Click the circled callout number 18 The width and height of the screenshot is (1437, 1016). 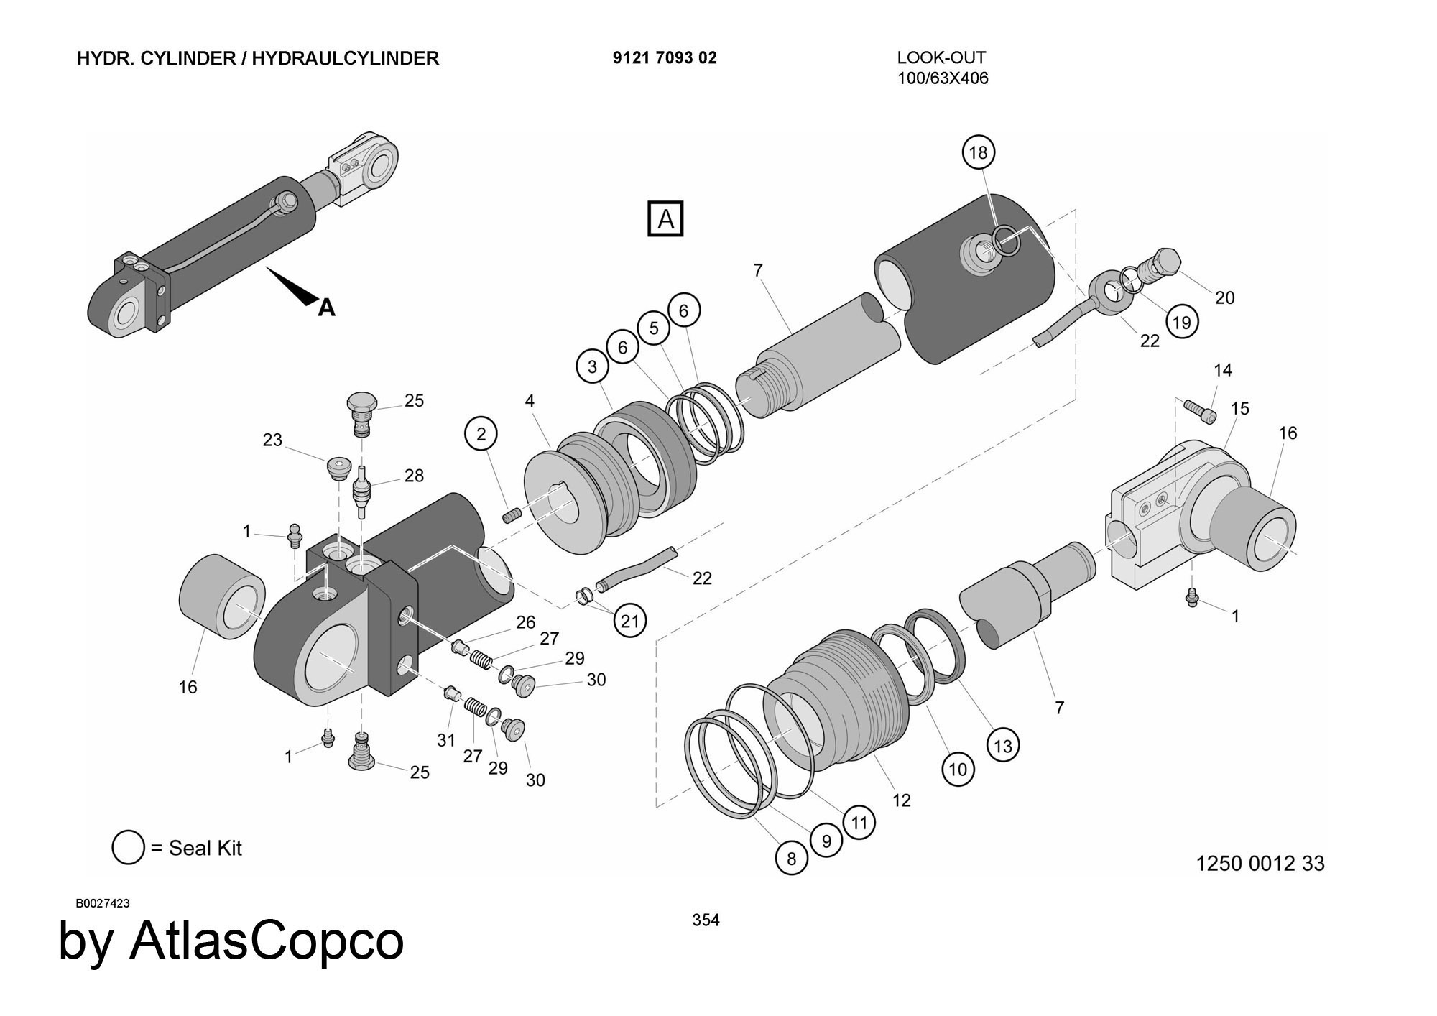click(x=978, y=152)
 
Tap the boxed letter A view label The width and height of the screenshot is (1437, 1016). click(x=665, y=218)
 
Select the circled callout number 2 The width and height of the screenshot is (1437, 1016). click(x=481, y=434)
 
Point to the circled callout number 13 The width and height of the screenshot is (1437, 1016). click(x=1002, y=746)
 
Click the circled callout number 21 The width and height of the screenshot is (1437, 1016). click(x=629, y=621)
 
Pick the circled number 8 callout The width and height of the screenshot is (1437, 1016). click(x=791, y=859)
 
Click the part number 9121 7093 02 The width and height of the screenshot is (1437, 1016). click(x=665, y=58)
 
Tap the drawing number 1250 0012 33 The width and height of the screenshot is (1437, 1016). click(x=1260, y=863)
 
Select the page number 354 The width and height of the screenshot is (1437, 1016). click(x=706, y=920)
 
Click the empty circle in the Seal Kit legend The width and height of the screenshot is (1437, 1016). click(x=128, y=848)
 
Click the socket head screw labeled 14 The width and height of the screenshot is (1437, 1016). click(x=1201, y=412)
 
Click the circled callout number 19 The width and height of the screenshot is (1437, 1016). click(x=1181, y=322)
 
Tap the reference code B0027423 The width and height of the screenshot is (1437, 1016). click(x=103, y=903)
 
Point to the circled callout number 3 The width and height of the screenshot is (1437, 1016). click(x=592, y=367)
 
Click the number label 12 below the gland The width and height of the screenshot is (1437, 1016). click(x=901, y=800)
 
